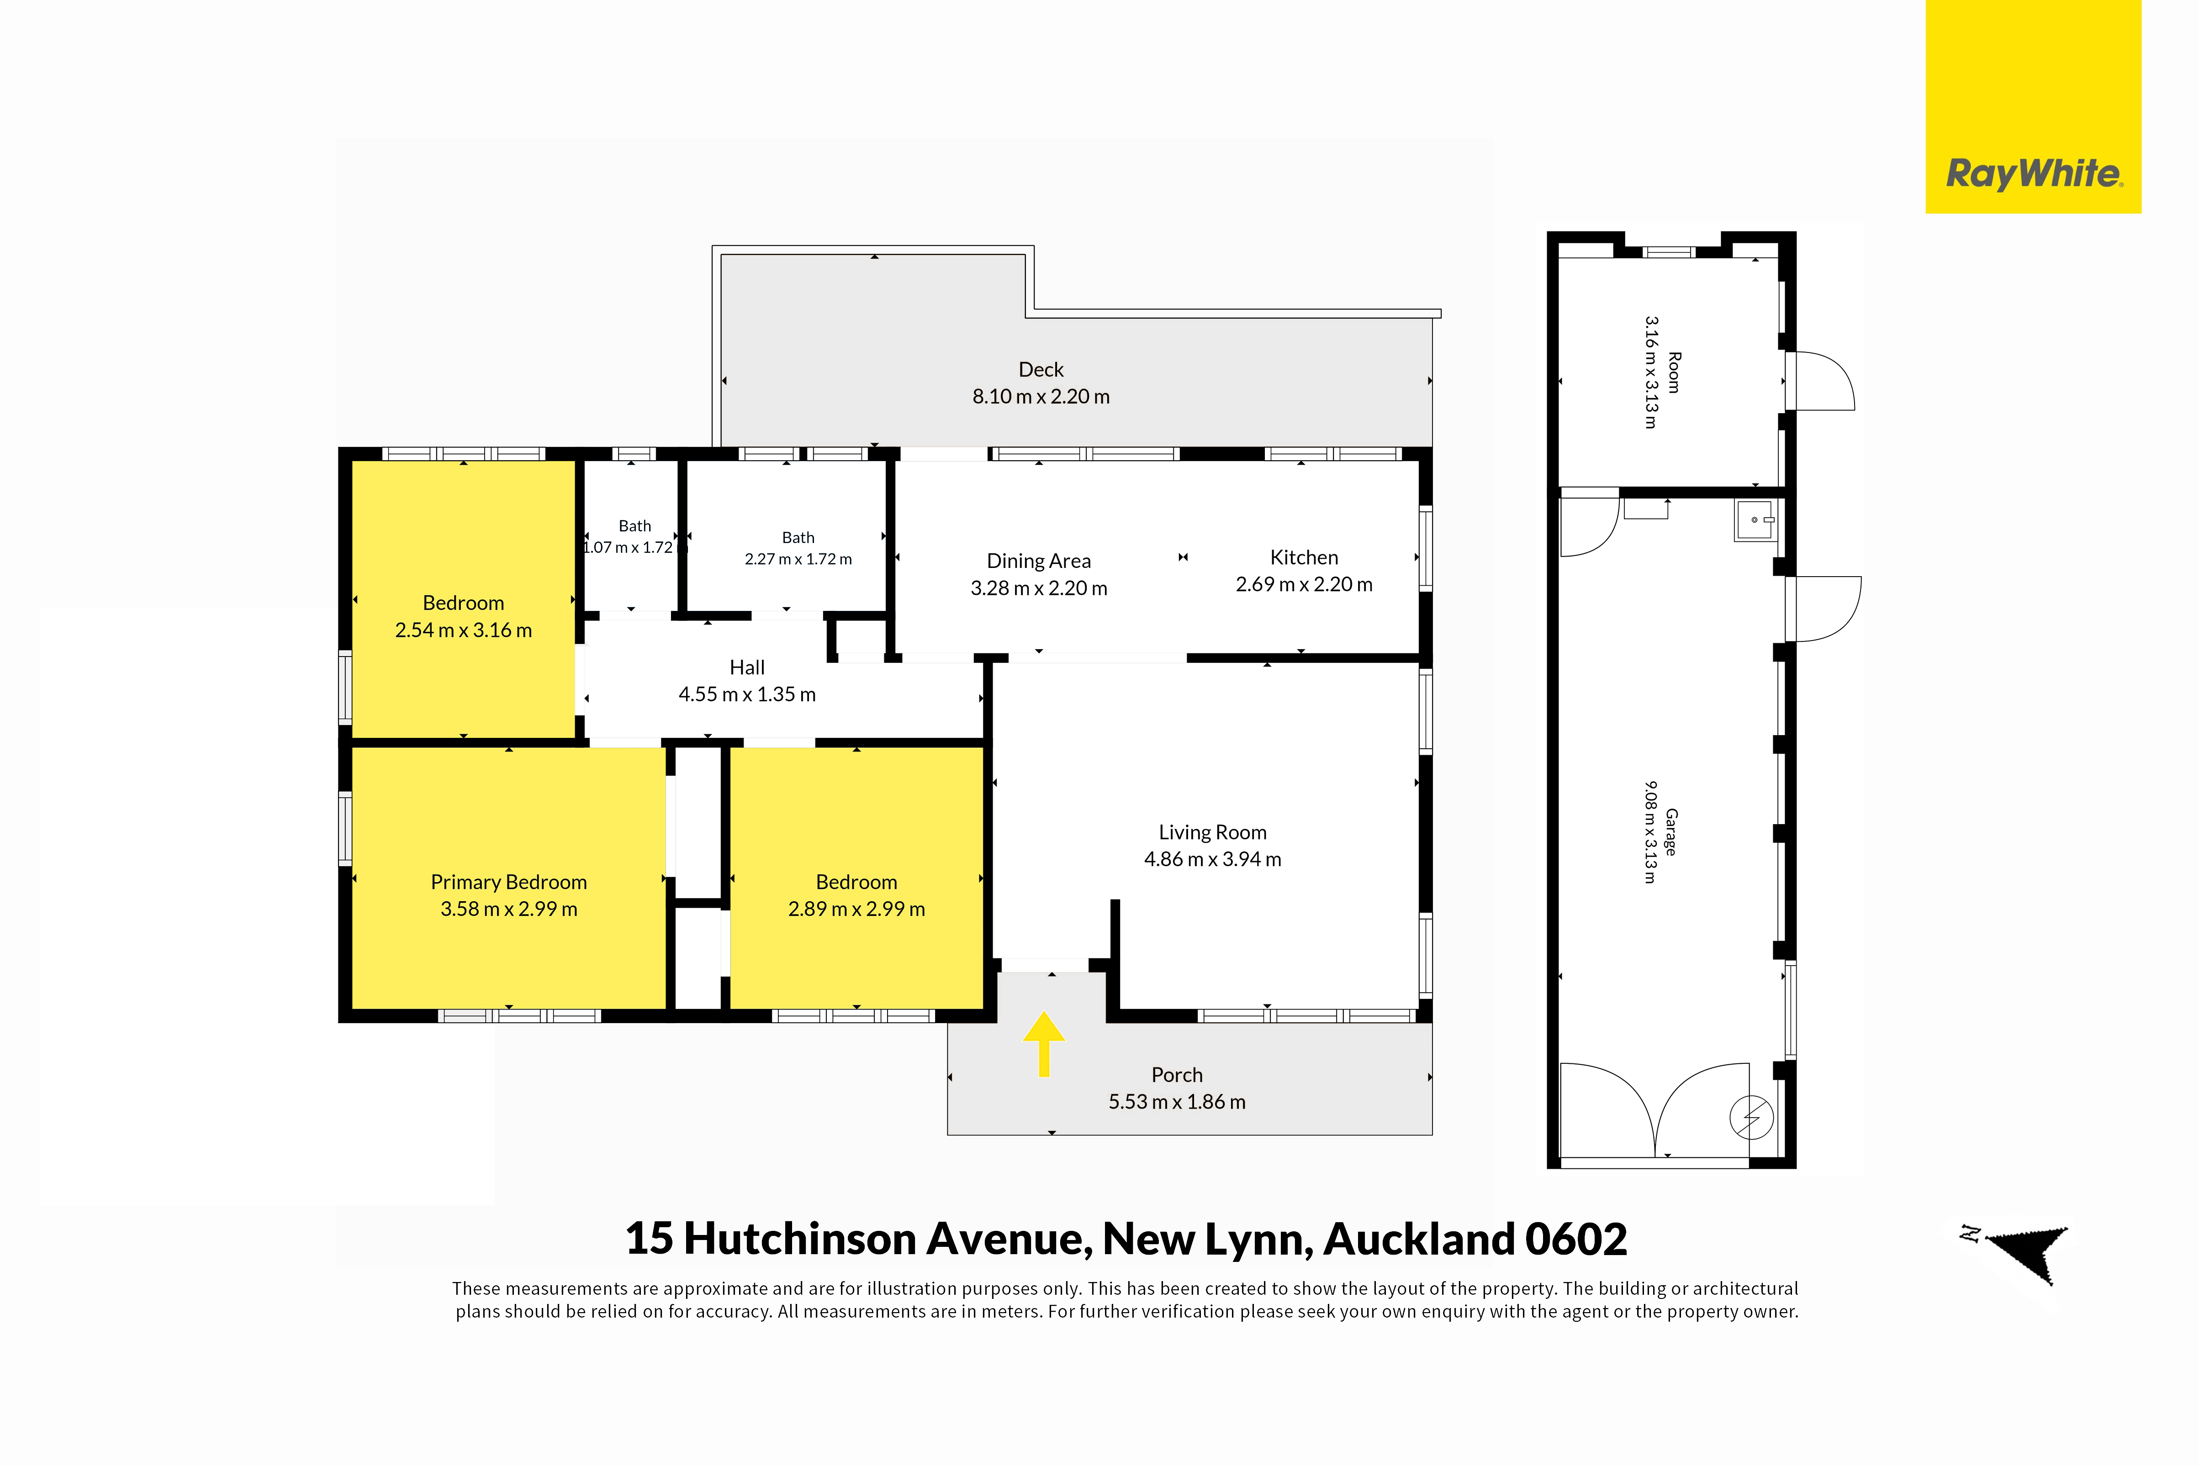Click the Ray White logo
[x=2034, y=174]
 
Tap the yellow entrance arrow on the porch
[x=1044, y=1043]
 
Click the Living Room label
[x=1212, y=832]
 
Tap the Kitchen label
[x=1304, y=557]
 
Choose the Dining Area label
[x=1038, y=561]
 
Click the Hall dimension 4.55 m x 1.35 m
[x=747, y=694]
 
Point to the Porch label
[x=1177, y=1075]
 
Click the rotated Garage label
[x=1670, y=832]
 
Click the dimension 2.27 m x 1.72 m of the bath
[x=798, y=559]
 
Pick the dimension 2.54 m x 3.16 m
[x=463, y=630]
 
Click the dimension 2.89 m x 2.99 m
[x=857, y=909]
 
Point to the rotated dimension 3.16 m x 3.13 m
[x=1652, y=372]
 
